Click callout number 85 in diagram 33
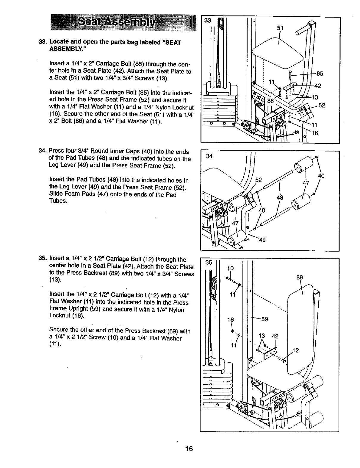point(320,74)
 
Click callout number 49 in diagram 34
point(262,240)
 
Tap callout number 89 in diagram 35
point(300,277)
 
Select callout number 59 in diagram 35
point(265,319)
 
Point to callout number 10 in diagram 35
point(230,268)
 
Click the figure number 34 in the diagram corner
point(209,156)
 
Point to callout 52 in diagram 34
point(259,180)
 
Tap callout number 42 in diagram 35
point(275,336)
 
